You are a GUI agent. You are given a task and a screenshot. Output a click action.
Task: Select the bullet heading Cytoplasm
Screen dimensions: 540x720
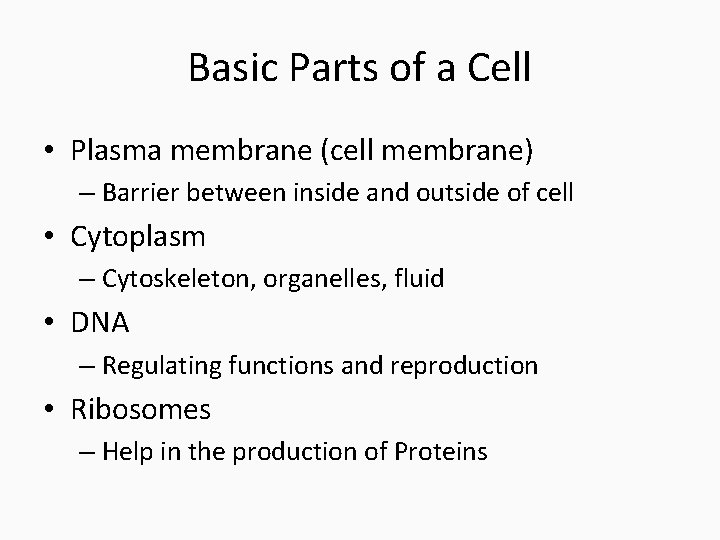(138, 237)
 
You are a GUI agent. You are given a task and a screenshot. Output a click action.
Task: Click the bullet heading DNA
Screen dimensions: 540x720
(100, 323)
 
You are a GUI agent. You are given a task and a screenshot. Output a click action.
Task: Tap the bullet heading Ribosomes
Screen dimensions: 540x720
(141, 409)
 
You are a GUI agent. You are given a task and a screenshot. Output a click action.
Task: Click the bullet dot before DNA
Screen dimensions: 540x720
(52, 324)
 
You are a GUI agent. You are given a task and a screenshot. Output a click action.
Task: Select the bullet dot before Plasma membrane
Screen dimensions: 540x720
(52, 151)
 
